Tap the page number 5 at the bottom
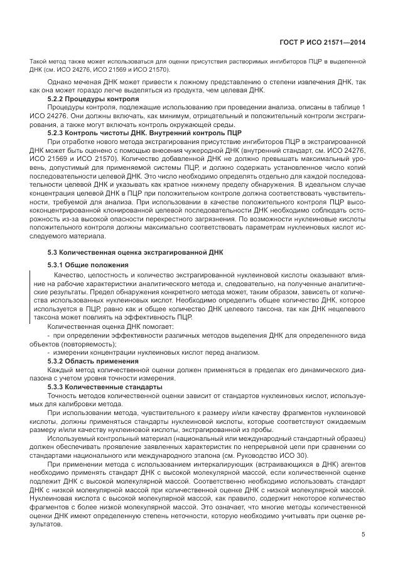tap(364, 535)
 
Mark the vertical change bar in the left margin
tap(30, 296)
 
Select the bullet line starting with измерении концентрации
tap(154, 352)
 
